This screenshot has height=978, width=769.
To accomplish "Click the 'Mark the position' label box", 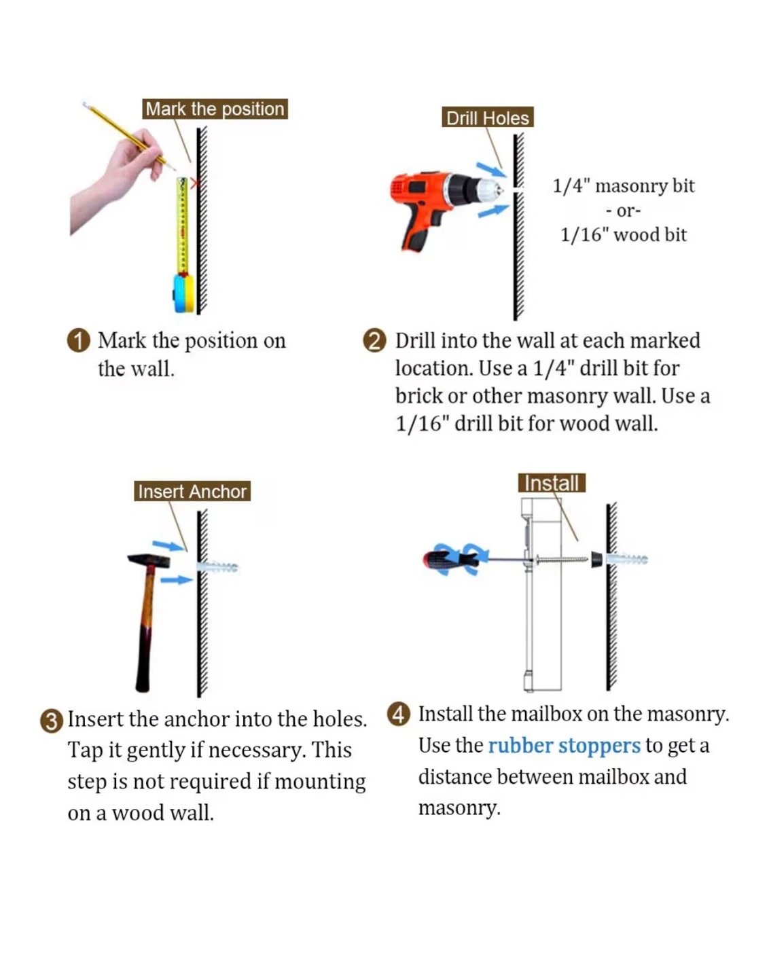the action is coord(215,109).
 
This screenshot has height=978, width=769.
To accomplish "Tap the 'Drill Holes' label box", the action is coord(488,117).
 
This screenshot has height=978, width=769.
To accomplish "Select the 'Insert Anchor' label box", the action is coord(192,491).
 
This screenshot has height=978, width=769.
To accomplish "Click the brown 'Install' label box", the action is coord(552,483).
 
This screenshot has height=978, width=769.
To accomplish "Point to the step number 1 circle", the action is coord(79,341).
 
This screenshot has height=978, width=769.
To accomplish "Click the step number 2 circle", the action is coord(375,341).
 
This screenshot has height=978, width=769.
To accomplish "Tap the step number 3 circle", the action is coord(52,721).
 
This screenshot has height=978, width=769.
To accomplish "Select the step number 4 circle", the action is coord(399,714).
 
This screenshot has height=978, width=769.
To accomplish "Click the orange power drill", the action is coord(446,206).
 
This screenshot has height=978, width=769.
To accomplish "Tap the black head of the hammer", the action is coord(149,561).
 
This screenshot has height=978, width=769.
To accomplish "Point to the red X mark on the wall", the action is coord(195,183).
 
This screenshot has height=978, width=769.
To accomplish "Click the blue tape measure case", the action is coord(184,293).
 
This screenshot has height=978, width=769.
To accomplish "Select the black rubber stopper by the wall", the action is coord(596,560).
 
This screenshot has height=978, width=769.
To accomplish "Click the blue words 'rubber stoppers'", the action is coord(564,746).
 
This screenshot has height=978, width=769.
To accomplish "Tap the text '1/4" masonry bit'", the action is coord(624,186).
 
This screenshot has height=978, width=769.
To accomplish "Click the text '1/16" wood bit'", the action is coord(624,235).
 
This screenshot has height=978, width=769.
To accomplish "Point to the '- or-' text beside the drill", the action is coord(623,211).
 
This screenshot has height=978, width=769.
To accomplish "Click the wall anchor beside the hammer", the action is coord(217,566).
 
